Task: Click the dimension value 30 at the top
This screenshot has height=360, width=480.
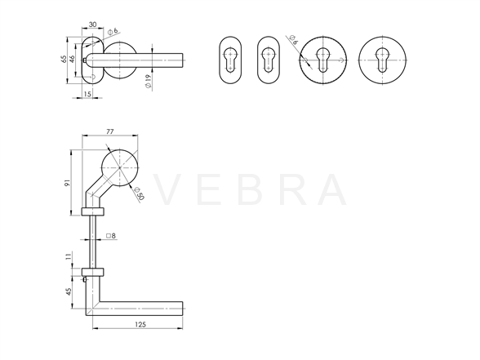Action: [93, 24]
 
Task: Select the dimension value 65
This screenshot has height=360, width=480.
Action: [64, 59]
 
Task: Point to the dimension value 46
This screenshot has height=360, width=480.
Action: [72, 59]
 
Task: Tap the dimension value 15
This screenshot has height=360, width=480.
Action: [87, 94]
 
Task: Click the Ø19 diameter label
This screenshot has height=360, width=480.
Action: [149, 82]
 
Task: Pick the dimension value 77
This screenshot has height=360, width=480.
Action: [110, 131]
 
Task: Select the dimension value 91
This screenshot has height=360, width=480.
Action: [67, 183]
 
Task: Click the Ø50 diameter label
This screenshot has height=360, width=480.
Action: [139, 193]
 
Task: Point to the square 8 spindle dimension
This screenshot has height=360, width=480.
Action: [111, 236]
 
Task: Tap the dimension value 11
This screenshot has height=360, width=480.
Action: [68, 256]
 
